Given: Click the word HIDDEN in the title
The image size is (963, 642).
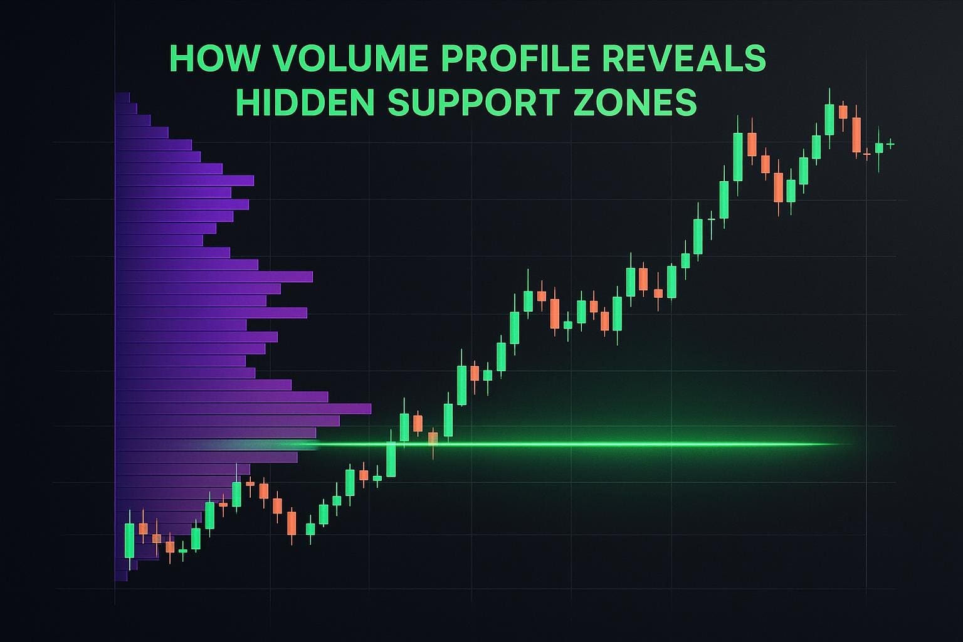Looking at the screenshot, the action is (305, 102).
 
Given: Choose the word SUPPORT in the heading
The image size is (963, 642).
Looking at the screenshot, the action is (473, 102).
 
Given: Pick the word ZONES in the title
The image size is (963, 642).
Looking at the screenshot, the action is (634, 102).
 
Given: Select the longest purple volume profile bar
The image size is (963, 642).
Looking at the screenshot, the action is (243, 409).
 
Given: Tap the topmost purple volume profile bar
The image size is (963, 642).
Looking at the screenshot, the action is (122, 98).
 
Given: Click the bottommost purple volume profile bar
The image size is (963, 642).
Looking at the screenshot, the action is (121, 576).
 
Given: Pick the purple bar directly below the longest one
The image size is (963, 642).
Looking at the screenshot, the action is (228, 421).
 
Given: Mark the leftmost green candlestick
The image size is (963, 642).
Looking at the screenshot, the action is (129, 540).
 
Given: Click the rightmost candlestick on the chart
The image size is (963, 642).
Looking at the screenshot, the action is (890, 144).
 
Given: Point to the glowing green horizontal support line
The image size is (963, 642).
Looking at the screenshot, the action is (576, 445).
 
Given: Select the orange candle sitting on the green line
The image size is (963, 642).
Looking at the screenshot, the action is (433, 440).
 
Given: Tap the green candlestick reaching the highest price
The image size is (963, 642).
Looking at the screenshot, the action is (829, 118).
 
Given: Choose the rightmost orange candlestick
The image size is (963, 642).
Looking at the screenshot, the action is (866, 154).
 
